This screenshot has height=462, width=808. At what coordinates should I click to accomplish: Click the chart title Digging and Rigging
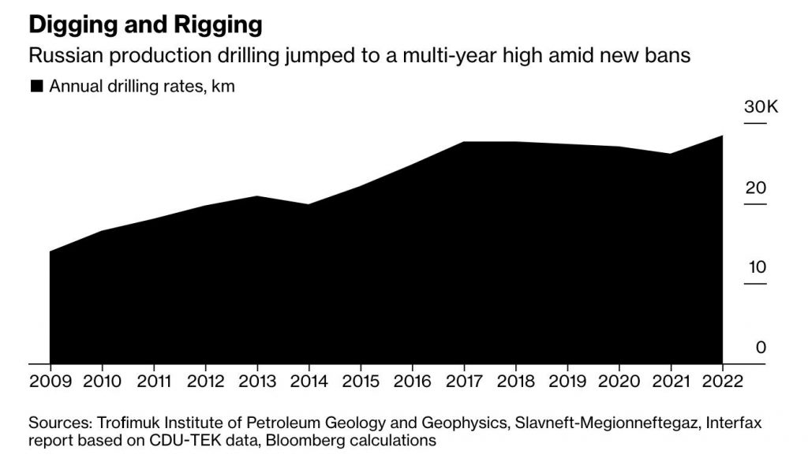click(x=144, y=24)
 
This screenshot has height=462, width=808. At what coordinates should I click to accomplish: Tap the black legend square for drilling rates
click(x=36, y=87)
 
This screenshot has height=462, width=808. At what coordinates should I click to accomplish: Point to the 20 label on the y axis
click(x=757, y=188)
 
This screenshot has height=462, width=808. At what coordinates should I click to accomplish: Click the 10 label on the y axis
click(x=757, y=267)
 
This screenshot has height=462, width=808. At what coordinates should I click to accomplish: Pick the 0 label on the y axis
click(x=761, y=347)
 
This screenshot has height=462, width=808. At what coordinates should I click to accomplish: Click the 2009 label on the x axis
click(x=50, y=381)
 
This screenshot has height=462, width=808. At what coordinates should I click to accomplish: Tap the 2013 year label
click(x=256, y=381)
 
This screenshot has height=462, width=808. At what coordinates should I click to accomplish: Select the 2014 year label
click(x=308, y=381)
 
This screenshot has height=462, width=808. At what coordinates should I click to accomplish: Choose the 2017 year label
click(x=463, y=381)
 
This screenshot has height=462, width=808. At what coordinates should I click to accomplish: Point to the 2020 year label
click(x=618, y=381)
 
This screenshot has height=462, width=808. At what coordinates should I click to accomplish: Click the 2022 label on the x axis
click(x=722, y=381)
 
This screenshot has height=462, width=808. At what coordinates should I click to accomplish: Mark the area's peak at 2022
click(x=722, y=136)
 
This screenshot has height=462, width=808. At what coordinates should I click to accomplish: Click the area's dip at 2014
click(x=308, y=205)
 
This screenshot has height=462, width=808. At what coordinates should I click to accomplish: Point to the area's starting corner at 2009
click(x=50, y=252)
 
